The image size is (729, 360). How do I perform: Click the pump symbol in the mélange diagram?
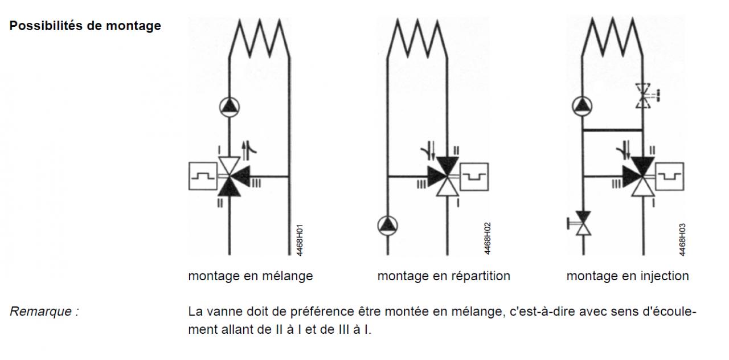tap(230, 106)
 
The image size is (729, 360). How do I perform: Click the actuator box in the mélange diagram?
tap(202, 176)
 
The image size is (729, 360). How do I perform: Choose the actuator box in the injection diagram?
tap(670, 176)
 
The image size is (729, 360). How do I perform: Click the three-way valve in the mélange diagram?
tap(230, 177)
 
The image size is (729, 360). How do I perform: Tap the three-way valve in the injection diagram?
tap(642, 177)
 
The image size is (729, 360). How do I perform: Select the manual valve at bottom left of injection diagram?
tap(583, 224)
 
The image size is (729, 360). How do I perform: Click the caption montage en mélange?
tap(251, 276)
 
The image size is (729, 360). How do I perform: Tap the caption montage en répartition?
tap(444, 276)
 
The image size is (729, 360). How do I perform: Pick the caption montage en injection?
tap(627, 276)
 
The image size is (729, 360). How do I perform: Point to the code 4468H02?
tap(487, 239)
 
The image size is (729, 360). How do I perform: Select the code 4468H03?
tap(682, 240)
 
